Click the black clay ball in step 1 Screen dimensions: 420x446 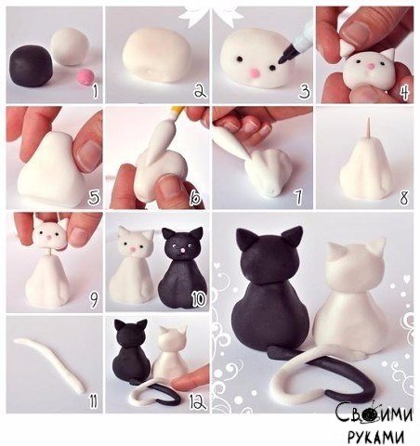click(x=31, y=66)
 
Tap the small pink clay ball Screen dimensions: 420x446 click(x=85, y=76)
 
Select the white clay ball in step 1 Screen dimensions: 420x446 click(x=70, y=46)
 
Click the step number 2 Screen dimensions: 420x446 click(x=200, y=91)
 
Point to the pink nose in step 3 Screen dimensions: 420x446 click(x=255, y=73)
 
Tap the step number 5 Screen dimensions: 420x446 click(x=94, y=198)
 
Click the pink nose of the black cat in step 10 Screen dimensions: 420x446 click(x=182, y=250)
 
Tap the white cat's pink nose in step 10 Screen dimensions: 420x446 click(x=132, y=250)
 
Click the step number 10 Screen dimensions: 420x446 click(x=198, y=299)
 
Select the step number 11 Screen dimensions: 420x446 click(x=93, y=400)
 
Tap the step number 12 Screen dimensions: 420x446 click(x=198, y=401)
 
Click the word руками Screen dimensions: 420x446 click(x=375, y=437)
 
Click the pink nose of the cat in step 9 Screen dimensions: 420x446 click(x=49, y=237)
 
